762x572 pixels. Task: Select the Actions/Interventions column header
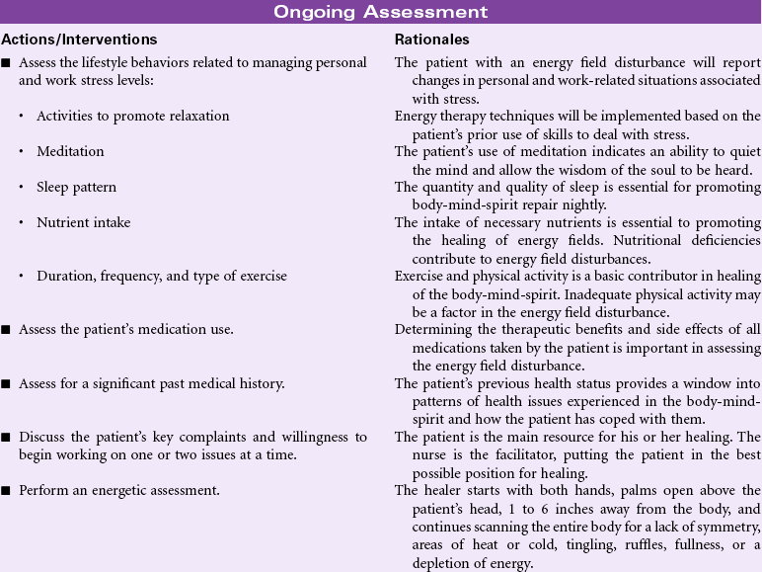(79, 40)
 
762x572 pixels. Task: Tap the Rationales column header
(432, 40)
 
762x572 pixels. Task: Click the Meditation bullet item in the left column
(70, 151)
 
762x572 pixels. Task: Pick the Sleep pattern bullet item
(76, 187)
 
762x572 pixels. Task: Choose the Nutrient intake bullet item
(83, 222)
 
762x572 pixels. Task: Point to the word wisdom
(571, 169)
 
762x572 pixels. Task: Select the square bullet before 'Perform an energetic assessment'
(7, 490)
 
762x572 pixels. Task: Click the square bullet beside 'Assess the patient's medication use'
(7, 330)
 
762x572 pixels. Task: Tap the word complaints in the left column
(194, 437)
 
